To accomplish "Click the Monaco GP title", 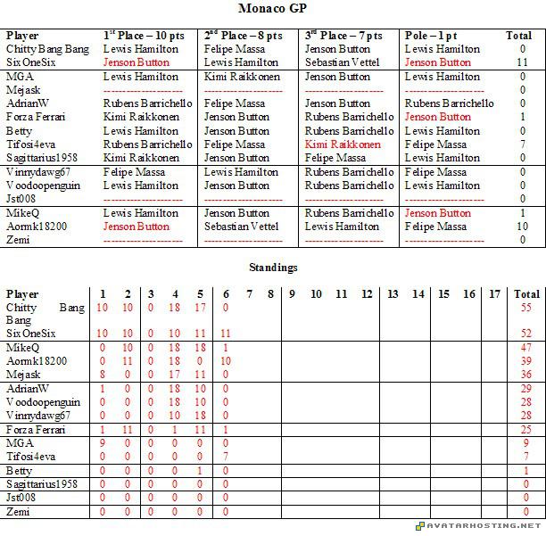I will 272,8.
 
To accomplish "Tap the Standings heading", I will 273,267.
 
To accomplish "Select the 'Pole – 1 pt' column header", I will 439,36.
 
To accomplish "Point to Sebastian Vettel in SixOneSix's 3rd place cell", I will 342,62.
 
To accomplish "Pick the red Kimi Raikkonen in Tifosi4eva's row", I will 343,144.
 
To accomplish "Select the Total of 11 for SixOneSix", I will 522,62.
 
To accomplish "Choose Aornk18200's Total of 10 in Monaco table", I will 522,227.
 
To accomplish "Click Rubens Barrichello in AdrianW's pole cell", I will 450,103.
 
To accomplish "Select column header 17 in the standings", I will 495,293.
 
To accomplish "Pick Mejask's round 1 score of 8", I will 103,375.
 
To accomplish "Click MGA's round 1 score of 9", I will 103,442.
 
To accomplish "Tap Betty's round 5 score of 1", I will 201,470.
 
